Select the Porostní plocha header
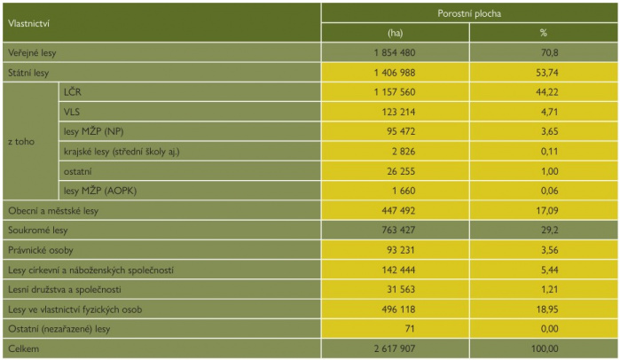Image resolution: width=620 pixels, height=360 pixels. (x=469, y=13)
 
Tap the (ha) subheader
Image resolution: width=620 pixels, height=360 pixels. (x=396, y=33)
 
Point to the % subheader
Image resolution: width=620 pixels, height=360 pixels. (x=544, y=33)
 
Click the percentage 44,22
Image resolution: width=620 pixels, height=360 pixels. (x=549, y=92)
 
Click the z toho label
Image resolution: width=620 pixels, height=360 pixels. (x=21, y=141)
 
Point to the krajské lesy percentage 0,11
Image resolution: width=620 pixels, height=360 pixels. (x=549, y=152)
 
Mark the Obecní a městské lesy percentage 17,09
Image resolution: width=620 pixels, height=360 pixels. (x=549, y=211)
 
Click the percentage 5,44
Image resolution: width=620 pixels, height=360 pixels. (x=549, y=270)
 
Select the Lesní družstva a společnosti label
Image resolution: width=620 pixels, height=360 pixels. (x=64, y=290)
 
